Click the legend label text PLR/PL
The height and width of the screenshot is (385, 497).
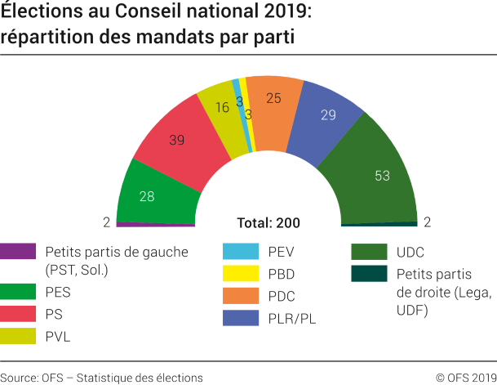point(293,318)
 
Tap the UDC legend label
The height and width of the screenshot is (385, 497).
point(410,252)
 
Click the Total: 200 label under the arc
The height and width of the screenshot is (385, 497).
point(268,223)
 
